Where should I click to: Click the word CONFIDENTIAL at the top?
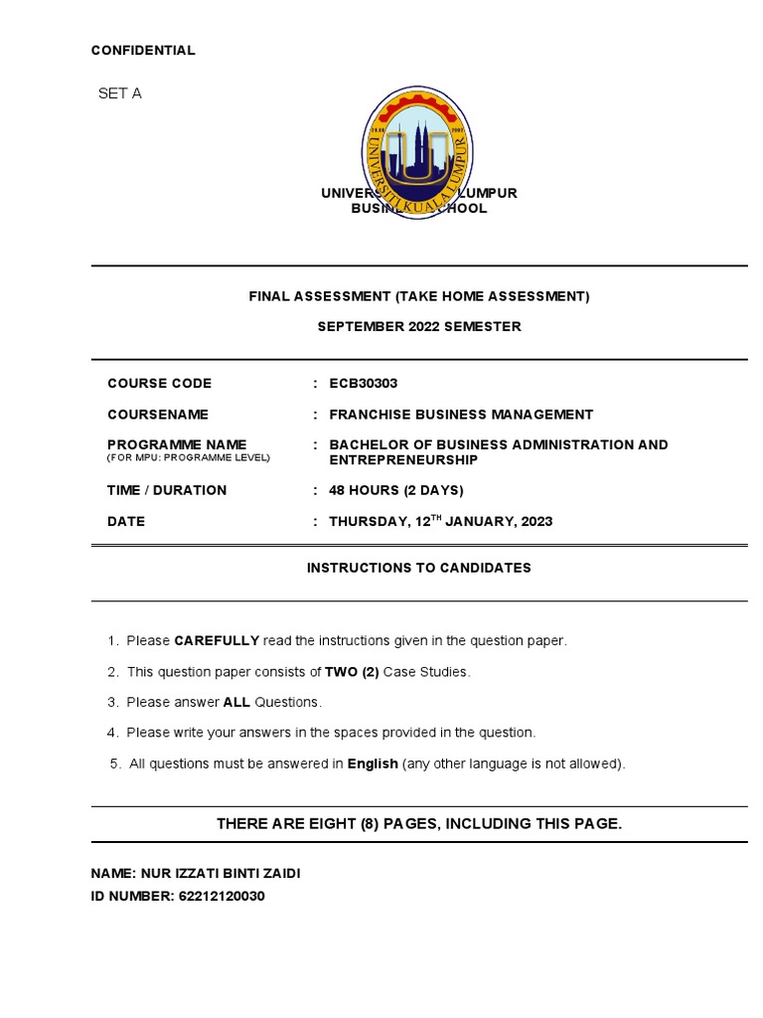click(143, 51)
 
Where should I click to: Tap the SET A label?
click(119, 93)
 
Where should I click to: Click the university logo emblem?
click(418, 152)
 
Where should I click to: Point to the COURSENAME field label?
click(158, 415)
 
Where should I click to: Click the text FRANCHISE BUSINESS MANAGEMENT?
click(461, 415)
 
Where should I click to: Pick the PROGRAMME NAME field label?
click(177, 444)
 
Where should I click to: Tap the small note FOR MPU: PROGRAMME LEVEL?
click(188, 458)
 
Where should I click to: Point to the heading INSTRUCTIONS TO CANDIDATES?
click(418, 568)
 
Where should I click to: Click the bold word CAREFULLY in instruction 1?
click(217, 641)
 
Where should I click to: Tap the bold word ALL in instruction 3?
click(236, 703)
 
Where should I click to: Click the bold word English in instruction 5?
click(373, 764)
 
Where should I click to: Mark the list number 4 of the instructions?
click(112, 734)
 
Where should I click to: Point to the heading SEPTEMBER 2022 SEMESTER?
click(418, 327)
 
